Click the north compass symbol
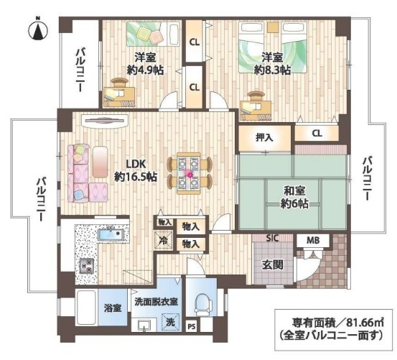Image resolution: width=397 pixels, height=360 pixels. click(x=38, y=30)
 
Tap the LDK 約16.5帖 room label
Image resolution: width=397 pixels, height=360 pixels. click(x=136, y=170)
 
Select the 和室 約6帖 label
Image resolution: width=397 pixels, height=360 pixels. click(x=294, y=197)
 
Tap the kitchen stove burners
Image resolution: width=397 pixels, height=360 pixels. click(x=87, y=266)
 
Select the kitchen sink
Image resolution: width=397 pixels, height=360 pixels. click(x=111, y=235)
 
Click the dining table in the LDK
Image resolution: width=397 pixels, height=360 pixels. click(x=189, y=173)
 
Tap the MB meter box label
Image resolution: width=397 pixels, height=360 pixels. click(x=313, y=241)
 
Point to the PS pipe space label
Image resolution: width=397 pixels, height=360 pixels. click(x=192, y=327)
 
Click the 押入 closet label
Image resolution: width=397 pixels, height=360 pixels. click(x=264, y=137)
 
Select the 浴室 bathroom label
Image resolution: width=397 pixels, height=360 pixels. click(x=113, y=308)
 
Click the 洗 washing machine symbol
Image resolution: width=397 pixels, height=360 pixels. click(x=171, y=322)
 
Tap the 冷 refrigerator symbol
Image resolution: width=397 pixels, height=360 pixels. click(x=163, y=240)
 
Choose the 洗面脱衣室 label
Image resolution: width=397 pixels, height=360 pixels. click(x=157, y=302)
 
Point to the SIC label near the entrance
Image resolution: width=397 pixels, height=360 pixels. click(x=272, y=238)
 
